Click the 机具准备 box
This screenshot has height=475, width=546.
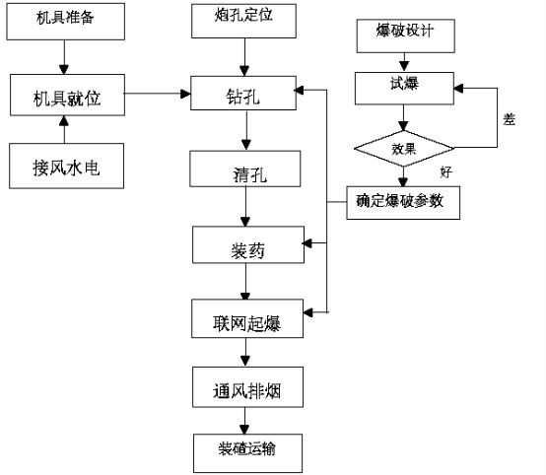coord(65,22)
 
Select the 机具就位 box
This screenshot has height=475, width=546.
coord(67,95)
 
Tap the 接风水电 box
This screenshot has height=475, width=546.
coord(66,167)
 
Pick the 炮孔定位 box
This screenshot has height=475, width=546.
coord(243,21)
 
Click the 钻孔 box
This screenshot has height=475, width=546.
coord(243,94)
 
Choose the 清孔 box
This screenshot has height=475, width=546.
coord(245,169)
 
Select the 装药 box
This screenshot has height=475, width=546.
coord(248,244)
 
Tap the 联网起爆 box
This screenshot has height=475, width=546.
coord(247,318)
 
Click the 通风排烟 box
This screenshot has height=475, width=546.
coord(247,387)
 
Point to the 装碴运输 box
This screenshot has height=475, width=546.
coord(247,453)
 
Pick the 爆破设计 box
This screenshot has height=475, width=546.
coord(406,36)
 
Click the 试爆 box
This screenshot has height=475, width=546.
coord(404,89)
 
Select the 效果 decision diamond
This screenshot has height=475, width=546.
coord(403,149)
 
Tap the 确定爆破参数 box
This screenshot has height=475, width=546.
coord(403,203)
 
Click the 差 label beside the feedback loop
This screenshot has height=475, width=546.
coord(510,119)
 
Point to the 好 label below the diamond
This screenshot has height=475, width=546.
coord(446,172)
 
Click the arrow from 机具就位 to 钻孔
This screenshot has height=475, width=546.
coord(158,94)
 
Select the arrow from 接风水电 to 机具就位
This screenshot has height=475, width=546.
coord(64,129)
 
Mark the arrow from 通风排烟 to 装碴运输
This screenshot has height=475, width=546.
coord(244,421)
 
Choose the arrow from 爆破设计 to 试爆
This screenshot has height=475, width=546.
coord(404,63)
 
